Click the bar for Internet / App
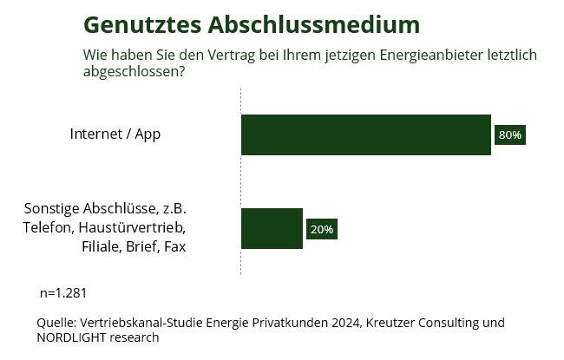365,134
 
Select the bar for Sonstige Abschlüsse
272,229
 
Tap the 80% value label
510,135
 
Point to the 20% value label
321,230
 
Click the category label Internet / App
115,134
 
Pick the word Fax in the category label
174,246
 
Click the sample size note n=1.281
63,292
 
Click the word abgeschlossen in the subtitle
129,71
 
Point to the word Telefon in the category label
49,228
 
